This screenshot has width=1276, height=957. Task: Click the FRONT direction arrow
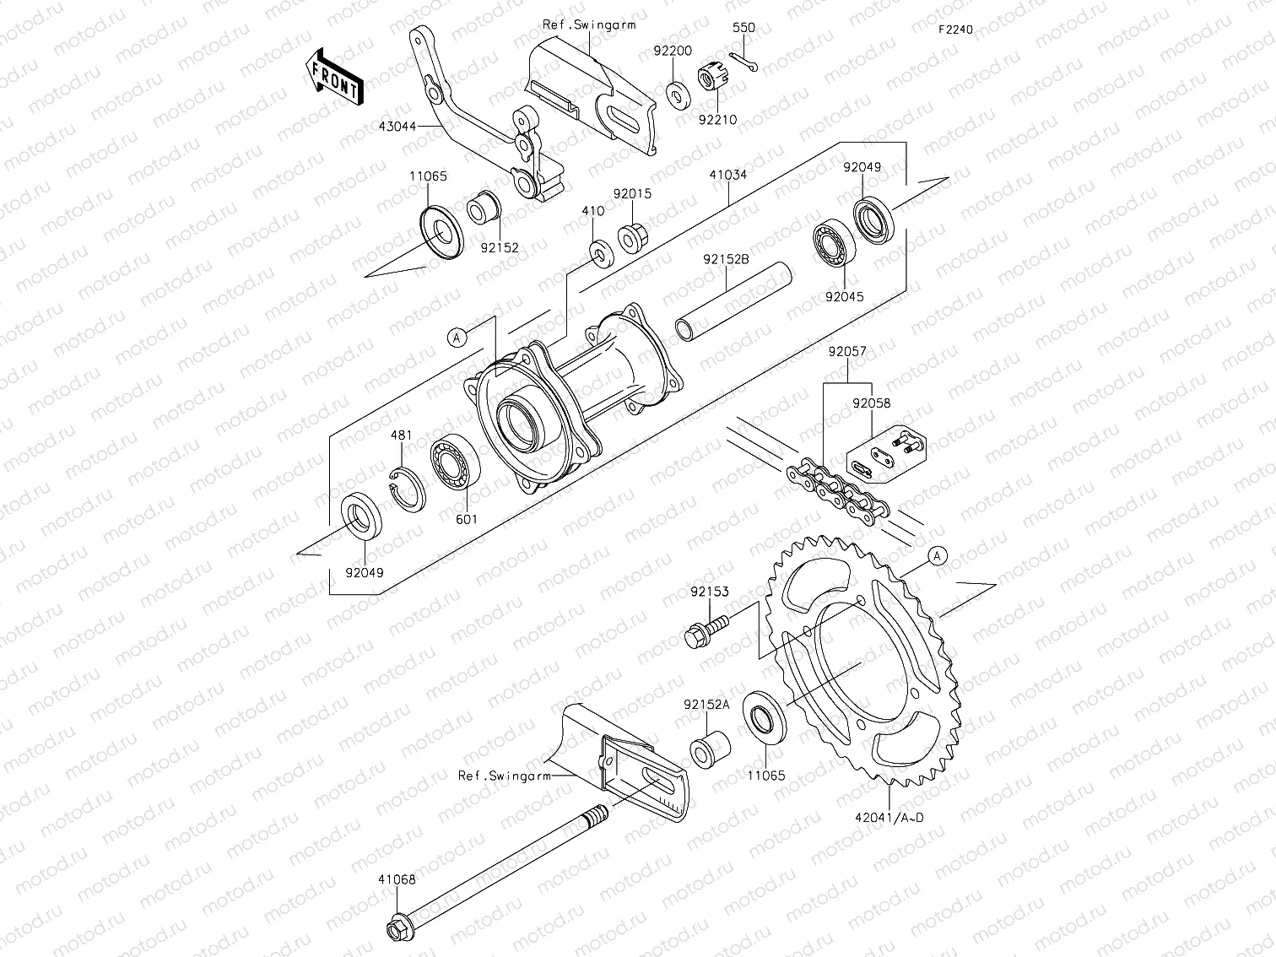click(x=334, y=77)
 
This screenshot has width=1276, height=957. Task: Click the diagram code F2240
click(x=954, y=30)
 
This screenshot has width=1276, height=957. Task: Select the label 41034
click(x=727, y=176)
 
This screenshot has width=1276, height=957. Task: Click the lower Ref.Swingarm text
click(x=504, y=775)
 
